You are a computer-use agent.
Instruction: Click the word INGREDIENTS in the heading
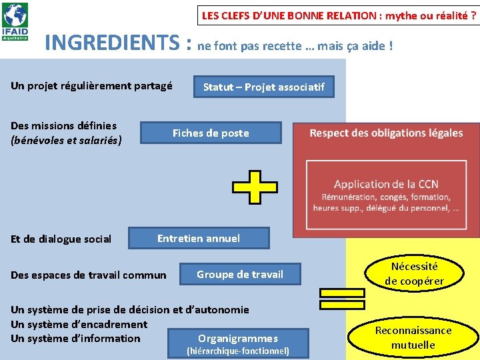[112, 43]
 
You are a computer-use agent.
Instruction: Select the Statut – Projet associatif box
[263, 87]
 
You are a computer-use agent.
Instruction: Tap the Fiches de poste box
[211, 133]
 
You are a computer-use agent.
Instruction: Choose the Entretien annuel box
[199, 238]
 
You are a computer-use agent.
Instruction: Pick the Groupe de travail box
[240, 274]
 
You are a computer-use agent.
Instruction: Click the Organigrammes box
[238, 338]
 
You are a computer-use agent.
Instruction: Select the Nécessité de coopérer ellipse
[414, 273]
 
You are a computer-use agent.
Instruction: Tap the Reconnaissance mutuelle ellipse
[413, 337]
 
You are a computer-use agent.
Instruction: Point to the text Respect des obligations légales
[386, 133]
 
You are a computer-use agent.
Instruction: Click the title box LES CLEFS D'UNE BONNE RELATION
[339, 15]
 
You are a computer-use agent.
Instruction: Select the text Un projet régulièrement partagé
[91, 85]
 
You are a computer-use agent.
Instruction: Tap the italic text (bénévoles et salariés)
[66, 140]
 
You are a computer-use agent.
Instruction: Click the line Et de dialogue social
[61, 239]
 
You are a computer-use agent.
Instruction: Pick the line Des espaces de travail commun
[89, 275]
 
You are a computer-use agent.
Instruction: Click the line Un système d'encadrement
[79, 324]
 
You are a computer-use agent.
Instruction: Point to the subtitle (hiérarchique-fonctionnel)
[238, 351]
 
